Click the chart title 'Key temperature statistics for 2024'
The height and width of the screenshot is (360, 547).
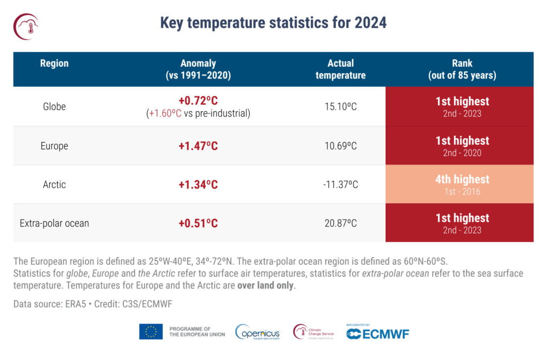[x=273, y=23]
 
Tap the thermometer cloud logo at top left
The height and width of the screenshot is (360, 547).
[x=27, y=26]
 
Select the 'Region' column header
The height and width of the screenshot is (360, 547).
[x=54, y=64]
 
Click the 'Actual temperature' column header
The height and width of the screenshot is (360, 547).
[x=340, y=69]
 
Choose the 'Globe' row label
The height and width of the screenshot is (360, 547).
[x=54, y=106]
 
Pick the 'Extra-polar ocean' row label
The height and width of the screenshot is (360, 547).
[x=54, y=223]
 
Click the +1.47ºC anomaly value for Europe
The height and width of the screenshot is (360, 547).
[x=198, y=146]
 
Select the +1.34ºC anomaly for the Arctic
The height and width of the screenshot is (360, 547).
[x=198, y=185]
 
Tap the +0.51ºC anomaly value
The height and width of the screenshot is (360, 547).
[x=198, y=223]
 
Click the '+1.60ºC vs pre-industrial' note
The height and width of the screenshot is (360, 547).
[x=198, y=113]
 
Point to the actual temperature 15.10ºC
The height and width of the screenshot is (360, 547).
[x=340, y=107]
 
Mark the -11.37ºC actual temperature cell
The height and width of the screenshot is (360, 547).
[x=340, y=185]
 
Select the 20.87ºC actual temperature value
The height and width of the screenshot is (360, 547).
[x=340, y=223]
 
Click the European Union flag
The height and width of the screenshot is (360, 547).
[x=151, y=332]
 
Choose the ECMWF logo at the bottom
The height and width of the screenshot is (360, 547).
[x=377, y=333]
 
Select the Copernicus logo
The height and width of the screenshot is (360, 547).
[x=259, y=332]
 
